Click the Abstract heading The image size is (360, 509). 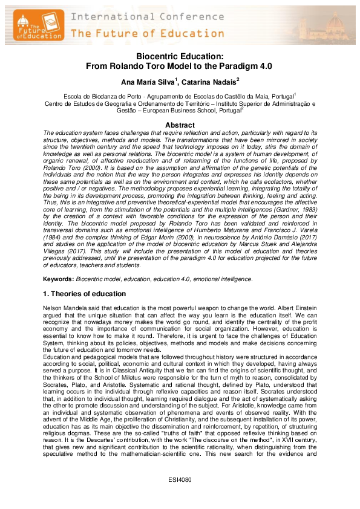click(180, 125)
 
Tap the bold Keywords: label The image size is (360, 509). click(59, 279)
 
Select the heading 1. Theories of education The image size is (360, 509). click(84, 294)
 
